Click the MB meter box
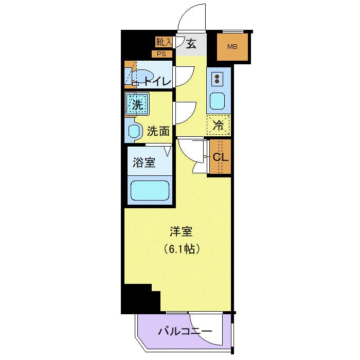[x=232, y=47]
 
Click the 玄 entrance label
[x=191, y=44]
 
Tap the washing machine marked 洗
[x=137, y=105]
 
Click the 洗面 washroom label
[x=158, y=131]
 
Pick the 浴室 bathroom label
[x=144, y=163]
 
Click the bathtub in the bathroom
[x=150, y=191]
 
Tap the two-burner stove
[x=218, y=79]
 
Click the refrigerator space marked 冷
[x=218, y=124]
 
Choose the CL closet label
[x=220, y=157]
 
